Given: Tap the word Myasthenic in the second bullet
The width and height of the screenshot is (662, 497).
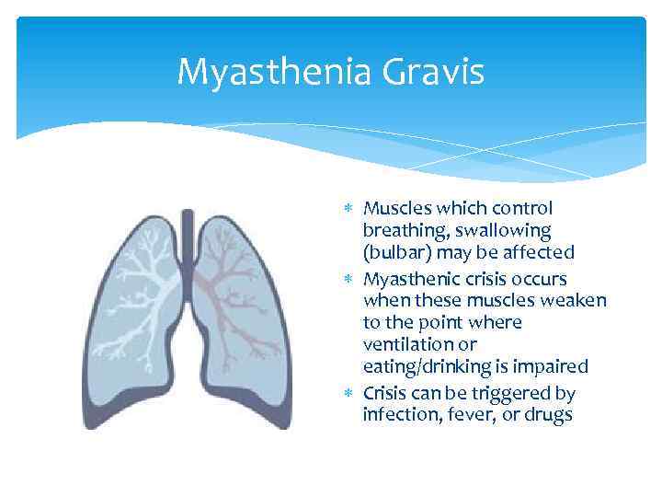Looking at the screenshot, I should (x=407, y=278).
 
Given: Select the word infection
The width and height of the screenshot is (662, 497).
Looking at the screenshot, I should (x=398, y=414).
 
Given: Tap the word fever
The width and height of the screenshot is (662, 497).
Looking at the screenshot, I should (x=462, y=414).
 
